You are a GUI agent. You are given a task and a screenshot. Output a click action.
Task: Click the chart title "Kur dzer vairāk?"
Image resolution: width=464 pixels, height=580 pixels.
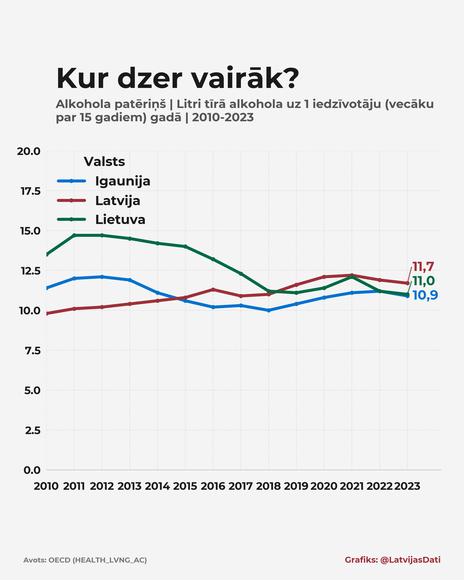tap(177, 78)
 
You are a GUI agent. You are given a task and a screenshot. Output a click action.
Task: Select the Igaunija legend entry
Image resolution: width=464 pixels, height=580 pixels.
tap(122, 181)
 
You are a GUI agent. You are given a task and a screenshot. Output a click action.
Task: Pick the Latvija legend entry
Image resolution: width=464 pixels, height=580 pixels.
tap(117, 201)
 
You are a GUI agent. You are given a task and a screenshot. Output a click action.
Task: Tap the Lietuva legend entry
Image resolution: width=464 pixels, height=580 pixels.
tap(120, 220)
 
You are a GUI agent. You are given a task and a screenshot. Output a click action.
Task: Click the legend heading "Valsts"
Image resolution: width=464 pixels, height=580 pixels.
tap(104, 162)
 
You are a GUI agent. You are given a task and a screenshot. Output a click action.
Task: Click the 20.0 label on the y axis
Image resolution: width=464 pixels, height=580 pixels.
tap(28, 151)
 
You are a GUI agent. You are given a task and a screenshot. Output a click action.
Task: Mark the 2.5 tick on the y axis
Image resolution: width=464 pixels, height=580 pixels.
tap(33, 430)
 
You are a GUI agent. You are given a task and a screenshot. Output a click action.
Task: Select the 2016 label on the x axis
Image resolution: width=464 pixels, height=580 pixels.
tap(213, 486)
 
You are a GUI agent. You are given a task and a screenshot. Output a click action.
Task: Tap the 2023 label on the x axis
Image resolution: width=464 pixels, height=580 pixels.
tap(407, 486)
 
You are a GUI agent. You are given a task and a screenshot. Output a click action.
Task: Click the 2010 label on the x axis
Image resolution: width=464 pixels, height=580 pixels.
tap(46, 486)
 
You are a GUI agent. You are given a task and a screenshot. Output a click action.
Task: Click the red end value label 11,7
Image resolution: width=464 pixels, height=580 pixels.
tap(423, 267)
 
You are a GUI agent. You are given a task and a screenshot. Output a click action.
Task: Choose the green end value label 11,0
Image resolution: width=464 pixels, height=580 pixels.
tap(423, 281)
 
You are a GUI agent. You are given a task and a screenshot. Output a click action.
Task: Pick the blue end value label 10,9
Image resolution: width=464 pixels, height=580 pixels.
tap(425, 295)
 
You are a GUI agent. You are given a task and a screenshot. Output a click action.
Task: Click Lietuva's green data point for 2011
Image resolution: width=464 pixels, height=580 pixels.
tap(74, 235)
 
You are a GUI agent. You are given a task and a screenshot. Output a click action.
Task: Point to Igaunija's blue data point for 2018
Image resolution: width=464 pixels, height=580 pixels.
tap(269, 310)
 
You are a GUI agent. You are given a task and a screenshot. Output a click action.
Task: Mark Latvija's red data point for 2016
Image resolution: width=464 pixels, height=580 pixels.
tap(213, 290)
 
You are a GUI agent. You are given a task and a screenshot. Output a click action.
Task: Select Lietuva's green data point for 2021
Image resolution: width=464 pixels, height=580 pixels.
tap(352, 277)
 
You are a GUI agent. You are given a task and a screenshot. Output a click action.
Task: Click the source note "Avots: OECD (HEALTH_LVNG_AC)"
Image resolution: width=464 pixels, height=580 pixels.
tap(85, 560)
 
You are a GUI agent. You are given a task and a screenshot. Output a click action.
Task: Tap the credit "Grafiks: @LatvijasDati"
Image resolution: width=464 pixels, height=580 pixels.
tap(392, 560)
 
